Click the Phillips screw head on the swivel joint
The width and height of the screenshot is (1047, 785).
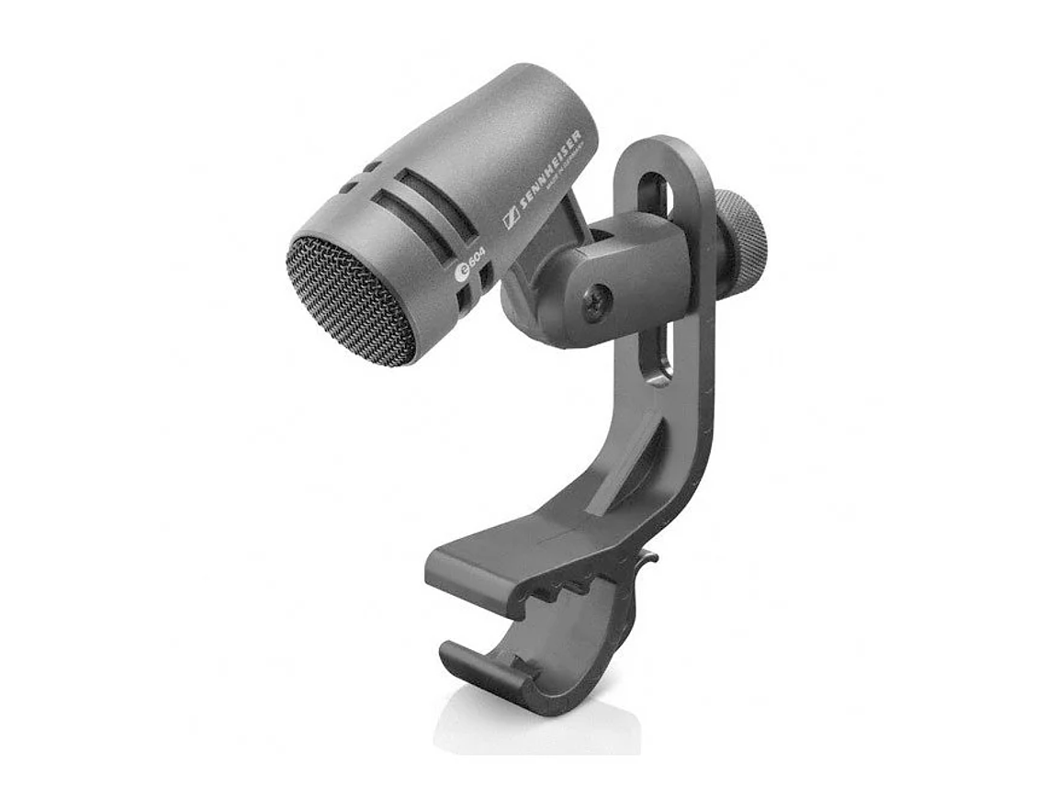tap(594, 300)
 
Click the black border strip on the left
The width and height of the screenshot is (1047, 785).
tap(64, 392)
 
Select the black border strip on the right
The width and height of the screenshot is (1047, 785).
tap(981, 392)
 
